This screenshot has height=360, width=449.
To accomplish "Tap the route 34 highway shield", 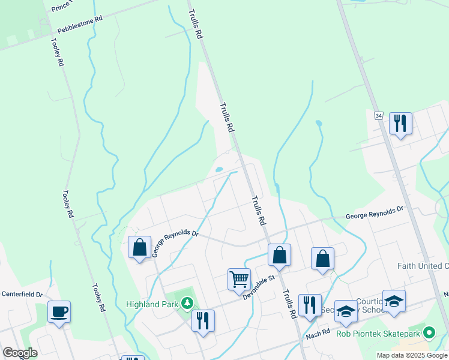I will click(378, 115).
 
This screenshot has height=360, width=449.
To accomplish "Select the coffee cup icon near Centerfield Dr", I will click(59, 312).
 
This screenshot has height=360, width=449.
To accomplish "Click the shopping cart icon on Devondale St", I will click(239, 280).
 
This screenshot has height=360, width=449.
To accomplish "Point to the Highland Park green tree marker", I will click(188, 304).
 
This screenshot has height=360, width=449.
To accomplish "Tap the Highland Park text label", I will click(152, 304).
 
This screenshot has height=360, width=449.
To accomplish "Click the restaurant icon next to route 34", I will click(400, 124).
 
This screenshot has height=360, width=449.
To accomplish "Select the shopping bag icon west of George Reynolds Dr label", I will click(139, 247).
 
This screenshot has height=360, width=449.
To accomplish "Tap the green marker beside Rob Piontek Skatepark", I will click(429, 332).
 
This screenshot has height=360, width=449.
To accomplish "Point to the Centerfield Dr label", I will click(22, 295).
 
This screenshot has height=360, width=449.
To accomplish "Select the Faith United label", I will click(422, 266).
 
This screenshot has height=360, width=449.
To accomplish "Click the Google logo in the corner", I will click(20, 353).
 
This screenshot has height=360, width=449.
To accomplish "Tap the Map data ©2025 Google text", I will click(412, 355).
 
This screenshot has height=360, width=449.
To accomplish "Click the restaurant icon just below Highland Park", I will click(203, 320).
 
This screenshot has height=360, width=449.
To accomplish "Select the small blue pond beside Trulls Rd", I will click(219, 170).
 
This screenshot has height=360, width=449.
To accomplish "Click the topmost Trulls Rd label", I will click(196, 24).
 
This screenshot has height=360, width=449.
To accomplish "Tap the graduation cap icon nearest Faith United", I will click(394, 301).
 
